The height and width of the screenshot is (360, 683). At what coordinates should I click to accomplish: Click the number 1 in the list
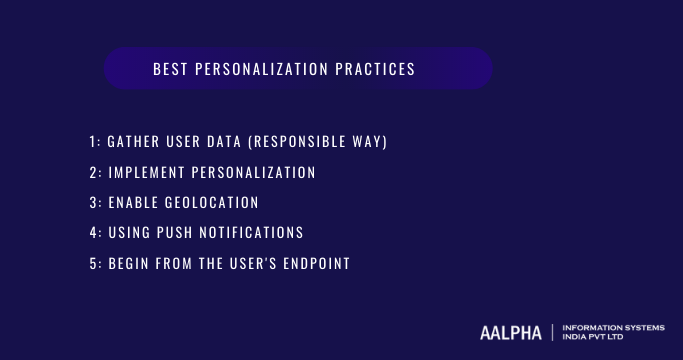click(x=92, y=142)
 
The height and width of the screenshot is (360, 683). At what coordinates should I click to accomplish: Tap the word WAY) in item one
click(x=369, y=142)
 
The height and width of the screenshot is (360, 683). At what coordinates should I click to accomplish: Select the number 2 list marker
click(x=92, y=173)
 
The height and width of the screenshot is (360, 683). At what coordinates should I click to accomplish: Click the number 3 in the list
click(x=92, y=203)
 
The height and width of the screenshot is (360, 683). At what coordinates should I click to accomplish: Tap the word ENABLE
click(x=131, y=203)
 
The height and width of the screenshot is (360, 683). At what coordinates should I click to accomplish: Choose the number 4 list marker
click(x=92, y=233)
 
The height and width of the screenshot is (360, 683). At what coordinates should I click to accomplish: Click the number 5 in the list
click(x=92, y=264)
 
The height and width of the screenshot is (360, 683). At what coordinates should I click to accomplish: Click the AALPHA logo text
click(x=510, y=332)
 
